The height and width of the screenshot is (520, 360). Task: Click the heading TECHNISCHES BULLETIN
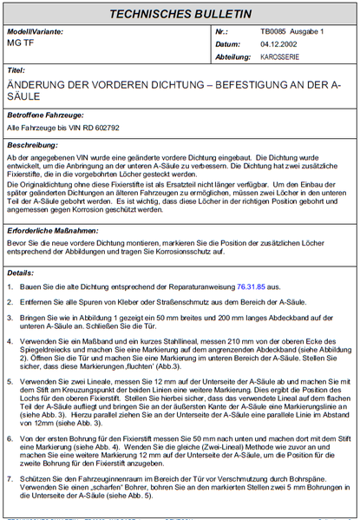pyautogui.click(x=180, y=15)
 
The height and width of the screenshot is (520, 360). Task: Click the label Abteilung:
pyautogui.click(x=207, y=54)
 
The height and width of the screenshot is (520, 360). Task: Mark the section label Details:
pyautogui.click(x=21, y=272)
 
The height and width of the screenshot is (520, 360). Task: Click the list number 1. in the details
pyautogui.click(x=10, y=286)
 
